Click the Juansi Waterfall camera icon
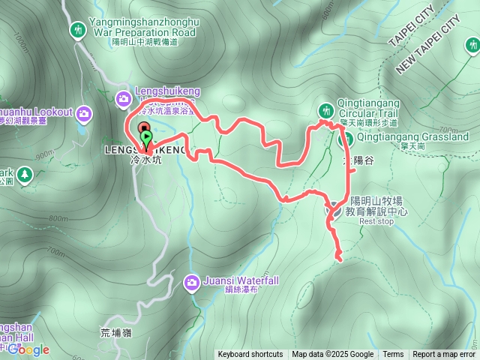tap(191, 281)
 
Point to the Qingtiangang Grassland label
tap(413, 137)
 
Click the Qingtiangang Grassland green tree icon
tap(346, 138)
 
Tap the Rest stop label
tap(376, 221)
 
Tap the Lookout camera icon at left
tap(84, 113)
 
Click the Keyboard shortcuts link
tap(250, 355)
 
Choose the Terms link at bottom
tap(393, 355)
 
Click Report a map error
tap(444, 355)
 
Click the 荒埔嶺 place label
tap(115, 330)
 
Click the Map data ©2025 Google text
tap(332, 355)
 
